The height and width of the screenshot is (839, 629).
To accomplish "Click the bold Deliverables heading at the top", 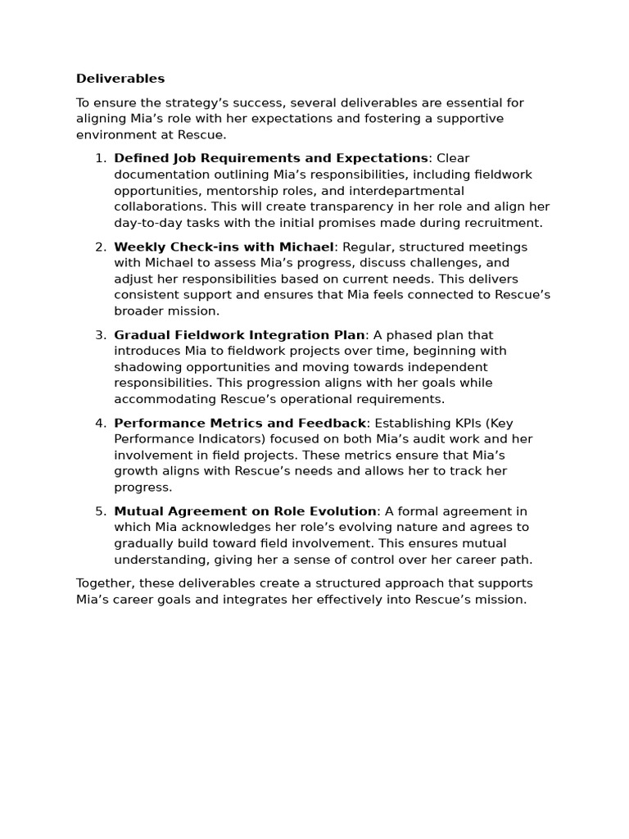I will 120,79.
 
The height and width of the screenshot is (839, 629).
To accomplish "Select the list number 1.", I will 100,158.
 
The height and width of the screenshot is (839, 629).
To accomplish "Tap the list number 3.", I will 100,335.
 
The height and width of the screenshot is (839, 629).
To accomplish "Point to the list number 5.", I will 100,511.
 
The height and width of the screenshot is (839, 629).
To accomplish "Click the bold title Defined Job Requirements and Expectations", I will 270,158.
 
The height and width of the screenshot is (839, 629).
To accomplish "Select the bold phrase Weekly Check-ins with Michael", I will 224,247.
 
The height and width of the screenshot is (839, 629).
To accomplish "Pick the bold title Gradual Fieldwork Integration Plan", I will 239,335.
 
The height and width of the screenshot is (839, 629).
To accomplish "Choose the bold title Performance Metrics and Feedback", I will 239,423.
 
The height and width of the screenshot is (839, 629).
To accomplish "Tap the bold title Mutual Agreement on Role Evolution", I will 245,511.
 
